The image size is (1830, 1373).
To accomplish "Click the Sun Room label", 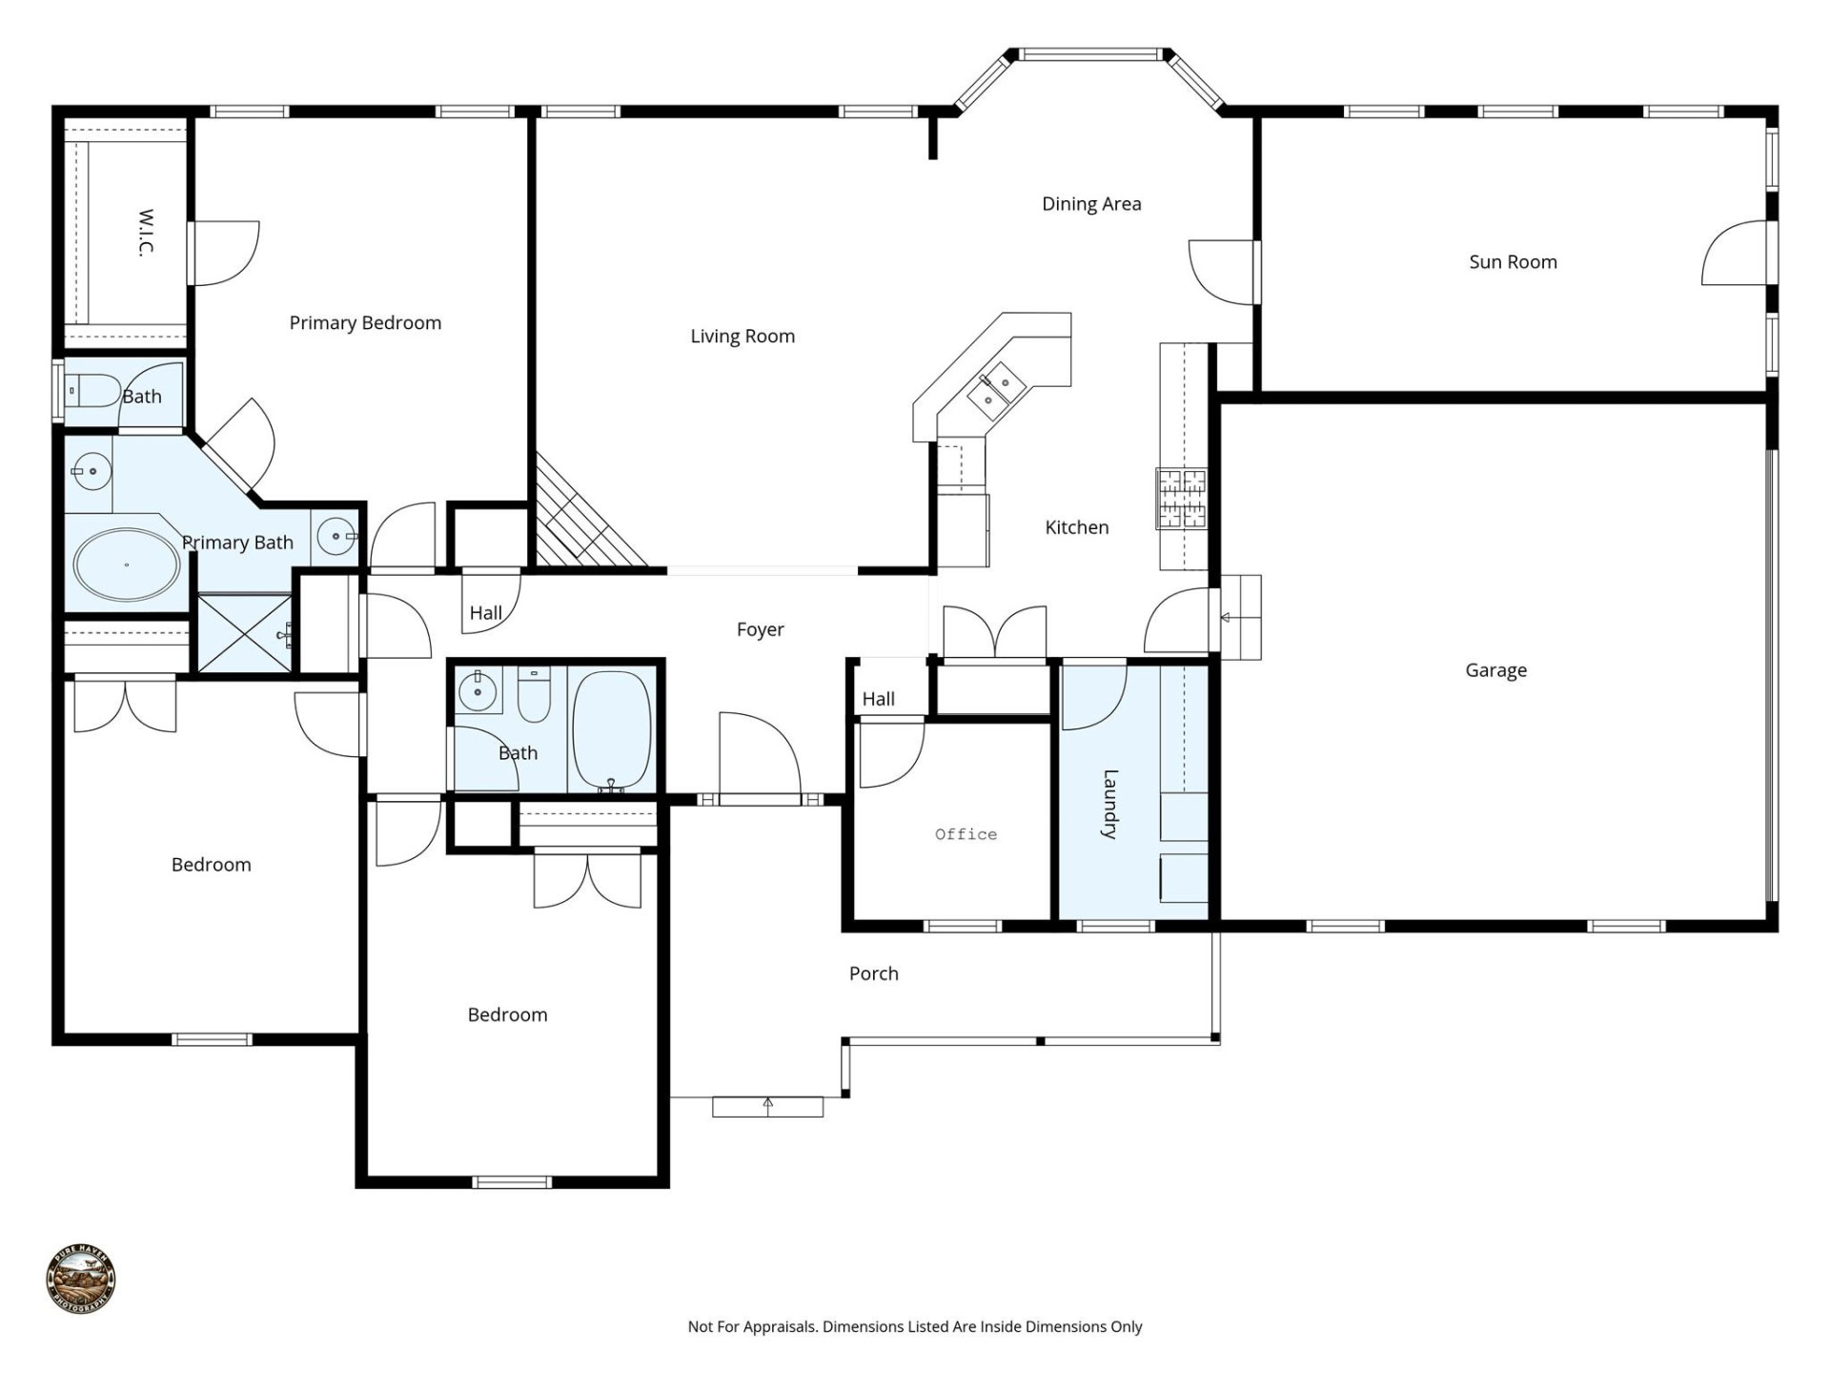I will tap(1513, 262).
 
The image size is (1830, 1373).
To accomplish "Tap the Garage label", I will tap(1495, 670).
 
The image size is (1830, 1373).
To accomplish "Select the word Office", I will tap(966, 834).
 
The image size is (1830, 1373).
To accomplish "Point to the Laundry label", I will tap(1109, 803).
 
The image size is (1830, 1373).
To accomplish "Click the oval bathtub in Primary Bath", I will tap(126, 564).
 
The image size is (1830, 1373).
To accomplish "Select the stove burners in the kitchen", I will tap(1181, 499).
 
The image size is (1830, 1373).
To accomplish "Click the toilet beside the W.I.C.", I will tap(92, 391).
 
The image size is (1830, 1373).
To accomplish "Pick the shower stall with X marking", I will tap(243, 632).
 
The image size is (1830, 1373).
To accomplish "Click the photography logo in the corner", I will tap(81, 1279).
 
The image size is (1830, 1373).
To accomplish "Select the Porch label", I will tap(873, 973).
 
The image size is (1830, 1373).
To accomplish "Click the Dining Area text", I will tap(1091, 204).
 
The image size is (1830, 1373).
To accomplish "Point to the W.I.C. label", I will tap(146, 233).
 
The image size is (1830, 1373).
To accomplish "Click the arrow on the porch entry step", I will tap(767, 1105).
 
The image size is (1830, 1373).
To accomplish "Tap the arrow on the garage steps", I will tap(1227, 618).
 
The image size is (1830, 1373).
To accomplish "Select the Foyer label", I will tap(760, 629).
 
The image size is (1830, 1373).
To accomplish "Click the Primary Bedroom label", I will tap(365, 323).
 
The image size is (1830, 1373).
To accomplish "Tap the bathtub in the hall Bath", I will tap(611, 729).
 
